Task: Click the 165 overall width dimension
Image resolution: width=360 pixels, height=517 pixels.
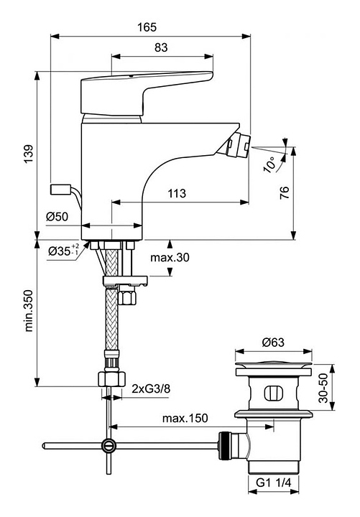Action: pos(147,27)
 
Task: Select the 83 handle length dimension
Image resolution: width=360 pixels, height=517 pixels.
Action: pos(161,47)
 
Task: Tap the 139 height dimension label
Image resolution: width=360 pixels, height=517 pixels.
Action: pos(28,154)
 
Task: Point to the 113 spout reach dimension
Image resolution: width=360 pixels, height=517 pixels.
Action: pos(177,193)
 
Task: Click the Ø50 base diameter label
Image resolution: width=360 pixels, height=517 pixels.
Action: pos(57,217)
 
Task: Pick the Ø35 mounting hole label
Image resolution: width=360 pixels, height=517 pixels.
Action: pos(63,251)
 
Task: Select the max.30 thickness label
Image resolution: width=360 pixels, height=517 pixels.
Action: pos(170,257)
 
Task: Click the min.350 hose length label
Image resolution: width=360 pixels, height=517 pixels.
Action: pos(29,311)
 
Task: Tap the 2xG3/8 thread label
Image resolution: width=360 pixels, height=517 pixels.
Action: pos(151,388)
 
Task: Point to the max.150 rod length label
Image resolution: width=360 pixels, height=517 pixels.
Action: pos(185,419)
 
